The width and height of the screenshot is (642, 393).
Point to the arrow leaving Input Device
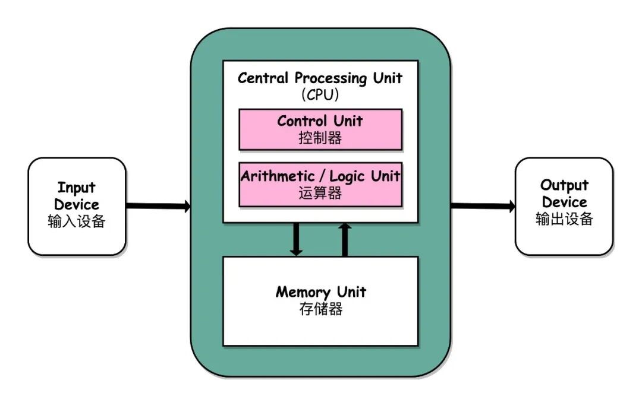[x=158, y=206]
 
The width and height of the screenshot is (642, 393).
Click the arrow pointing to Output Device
[x=483, y=206]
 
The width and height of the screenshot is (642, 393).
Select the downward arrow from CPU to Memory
[x=296, y=239]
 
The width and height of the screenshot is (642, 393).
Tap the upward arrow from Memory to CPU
[x=345, y=239]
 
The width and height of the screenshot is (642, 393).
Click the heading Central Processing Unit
[x=320, y=78]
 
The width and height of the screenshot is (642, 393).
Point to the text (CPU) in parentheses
[x=320, y=95]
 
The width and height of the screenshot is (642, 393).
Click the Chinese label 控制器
[x=320, y=138]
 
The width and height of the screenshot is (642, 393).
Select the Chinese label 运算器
[x=320, y=193]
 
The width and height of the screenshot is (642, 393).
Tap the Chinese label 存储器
[x=320, y=309]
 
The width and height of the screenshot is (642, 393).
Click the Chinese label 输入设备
[x=77, y=221]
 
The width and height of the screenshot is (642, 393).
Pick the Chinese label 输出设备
[x=564, y=218]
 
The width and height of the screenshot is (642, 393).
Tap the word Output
[x=564, y=185]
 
